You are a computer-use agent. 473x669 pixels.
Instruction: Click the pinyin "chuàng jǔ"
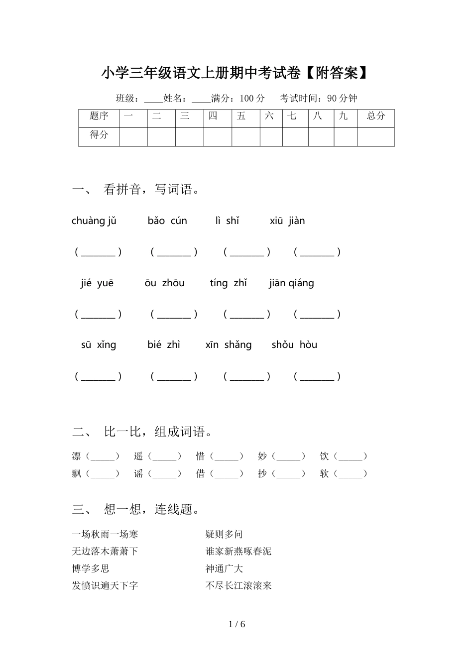tap(94, 221)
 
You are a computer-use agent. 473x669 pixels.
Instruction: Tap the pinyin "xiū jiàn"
tap(287, 221)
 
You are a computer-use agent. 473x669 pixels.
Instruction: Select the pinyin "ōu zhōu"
tap(164, 283)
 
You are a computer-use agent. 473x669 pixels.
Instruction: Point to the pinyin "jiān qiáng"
tap(291, 283)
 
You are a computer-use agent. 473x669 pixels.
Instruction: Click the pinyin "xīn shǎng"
tap(229, 345)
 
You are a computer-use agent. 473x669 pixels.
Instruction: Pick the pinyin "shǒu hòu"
tap(294, 345)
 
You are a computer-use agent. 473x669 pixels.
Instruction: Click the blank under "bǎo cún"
tap(174, 252)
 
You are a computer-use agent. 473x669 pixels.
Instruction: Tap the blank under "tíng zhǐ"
tap(247, 315)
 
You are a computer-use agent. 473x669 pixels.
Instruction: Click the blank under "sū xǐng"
tap(98, 376)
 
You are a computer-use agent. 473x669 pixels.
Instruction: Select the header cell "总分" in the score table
tap(376, 116)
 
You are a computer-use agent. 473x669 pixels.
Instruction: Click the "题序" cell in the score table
tap(99, 116)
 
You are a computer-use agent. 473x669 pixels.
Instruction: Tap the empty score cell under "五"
tap(245, 136)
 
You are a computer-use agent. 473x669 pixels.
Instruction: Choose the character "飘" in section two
tap(77, 474)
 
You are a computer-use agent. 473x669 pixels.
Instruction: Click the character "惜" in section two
tap(201, 456)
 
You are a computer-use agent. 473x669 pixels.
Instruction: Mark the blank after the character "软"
tap(351, 474)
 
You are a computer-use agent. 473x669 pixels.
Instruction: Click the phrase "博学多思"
tap(91, 568)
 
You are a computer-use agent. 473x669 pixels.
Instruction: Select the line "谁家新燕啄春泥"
tap(238, 552)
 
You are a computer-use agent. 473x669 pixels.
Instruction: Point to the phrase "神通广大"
tap(224, 568)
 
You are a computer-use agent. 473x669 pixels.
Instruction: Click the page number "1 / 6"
tap(236, 624)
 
